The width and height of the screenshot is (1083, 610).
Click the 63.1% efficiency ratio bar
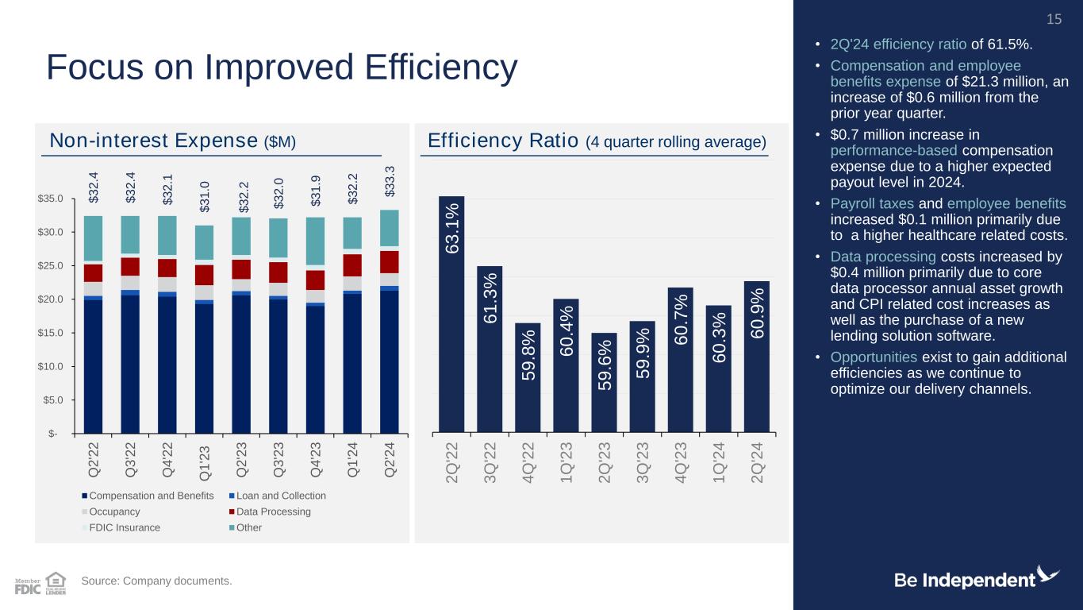(451, 315)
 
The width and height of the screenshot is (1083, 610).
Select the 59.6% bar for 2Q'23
(604, 383)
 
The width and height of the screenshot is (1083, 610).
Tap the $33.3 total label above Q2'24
(390, 182)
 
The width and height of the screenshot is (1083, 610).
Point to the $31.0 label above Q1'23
(205, 196)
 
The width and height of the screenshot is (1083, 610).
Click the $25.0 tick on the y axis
(50, 266)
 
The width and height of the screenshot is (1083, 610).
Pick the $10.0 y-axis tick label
(50, 366)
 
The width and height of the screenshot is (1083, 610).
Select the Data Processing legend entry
(270, 512)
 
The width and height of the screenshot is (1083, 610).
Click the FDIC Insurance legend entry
(121, 527)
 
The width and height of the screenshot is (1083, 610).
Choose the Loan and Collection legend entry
(277, 496)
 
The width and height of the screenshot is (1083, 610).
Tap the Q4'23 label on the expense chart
(315, 459)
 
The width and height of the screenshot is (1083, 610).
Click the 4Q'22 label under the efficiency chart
(528, 463)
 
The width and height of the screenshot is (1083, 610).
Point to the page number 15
(1054, 19)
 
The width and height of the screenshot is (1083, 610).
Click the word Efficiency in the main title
(441, 68)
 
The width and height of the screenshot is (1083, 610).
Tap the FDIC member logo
(28, 586)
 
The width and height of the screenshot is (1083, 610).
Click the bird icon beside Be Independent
(1047, 576)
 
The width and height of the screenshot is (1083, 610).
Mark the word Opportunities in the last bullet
(874, 357)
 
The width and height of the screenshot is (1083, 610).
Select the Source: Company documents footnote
(156, 581)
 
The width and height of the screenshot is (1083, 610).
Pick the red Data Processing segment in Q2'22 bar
(94, 273)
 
